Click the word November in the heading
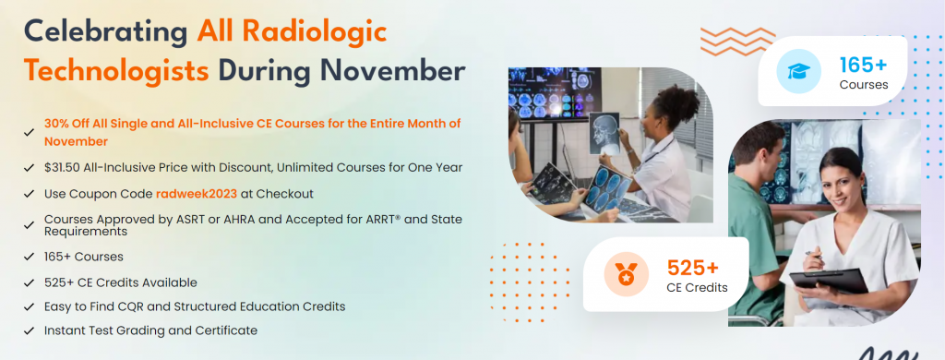point(399,70)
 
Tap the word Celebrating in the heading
point(104,30)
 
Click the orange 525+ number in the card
point(692,268)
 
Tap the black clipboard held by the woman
point(829,278)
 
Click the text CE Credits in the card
point(697,287)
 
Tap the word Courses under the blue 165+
point(863,85)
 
